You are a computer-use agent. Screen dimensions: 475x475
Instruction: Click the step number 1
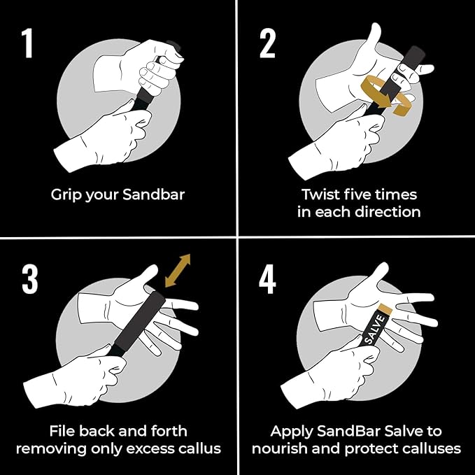click(27, 43)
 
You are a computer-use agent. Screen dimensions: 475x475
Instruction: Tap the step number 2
click(268, 43)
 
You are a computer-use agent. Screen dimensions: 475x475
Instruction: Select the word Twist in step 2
click(322, 194)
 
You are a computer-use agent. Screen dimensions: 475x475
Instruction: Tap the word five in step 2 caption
click(365, 194)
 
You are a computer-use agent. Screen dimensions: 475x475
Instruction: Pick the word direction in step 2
click(386, 211)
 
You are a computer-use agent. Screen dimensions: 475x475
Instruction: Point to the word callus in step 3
click(199, 448)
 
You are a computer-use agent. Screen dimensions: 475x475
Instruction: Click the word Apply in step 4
click(293, 432)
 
